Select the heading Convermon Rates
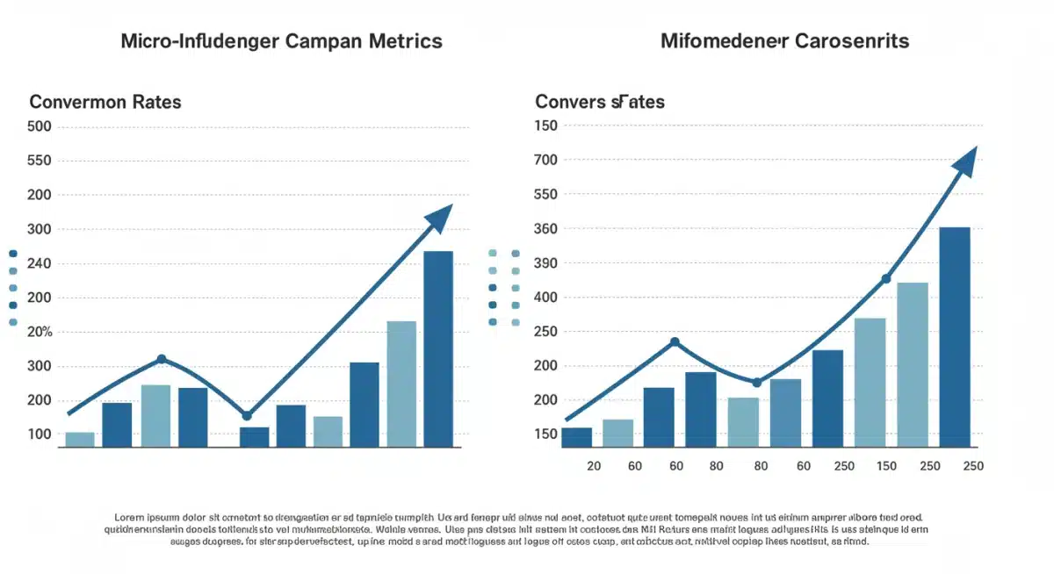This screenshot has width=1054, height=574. (x=105, y=102)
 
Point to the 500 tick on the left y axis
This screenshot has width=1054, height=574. (x=41, y=126)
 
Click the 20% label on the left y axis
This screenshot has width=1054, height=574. (x=41, y=332)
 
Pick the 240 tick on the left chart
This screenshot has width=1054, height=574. (x=41, y=263)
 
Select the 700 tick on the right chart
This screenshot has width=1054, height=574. (x=546, y=160)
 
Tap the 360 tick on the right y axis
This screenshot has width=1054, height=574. (x=546, y=229)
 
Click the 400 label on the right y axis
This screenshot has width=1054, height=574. (x=546, y=298)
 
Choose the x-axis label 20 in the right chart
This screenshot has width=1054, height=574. (x=594, y=466)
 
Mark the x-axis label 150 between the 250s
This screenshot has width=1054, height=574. (x=886, y=466)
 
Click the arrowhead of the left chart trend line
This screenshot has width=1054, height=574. (x=439, y=216)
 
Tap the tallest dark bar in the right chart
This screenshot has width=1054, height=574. (x=955, y=337)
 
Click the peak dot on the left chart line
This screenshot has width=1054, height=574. (x=162, y=359)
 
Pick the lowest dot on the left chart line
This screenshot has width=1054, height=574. (x=247, y=415)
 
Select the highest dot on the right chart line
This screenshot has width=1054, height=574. (x=885, y=279)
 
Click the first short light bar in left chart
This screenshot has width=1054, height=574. (x=80, y=439)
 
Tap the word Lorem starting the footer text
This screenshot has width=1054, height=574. (x=130, y=518)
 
